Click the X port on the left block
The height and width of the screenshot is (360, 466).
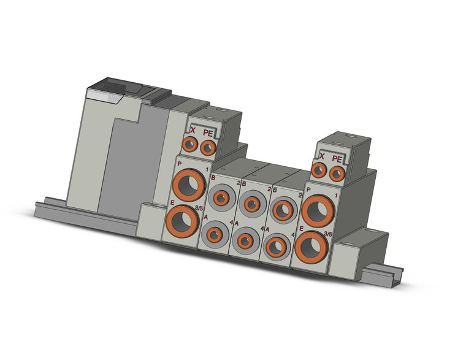[189, 145]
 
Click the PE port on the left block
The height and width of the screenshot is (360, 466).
[208, 147]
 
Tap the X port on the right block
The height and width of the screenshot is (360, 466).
[318, 170]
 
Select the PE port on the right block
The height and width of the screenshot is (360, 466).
[336, 174]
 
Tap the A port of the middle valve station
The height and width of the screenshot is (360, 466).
[246, 239]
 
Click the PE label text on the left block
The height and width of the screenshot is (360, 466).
[209, 132]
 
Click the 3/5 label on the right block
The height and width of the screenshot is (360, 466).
[328, 234]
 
